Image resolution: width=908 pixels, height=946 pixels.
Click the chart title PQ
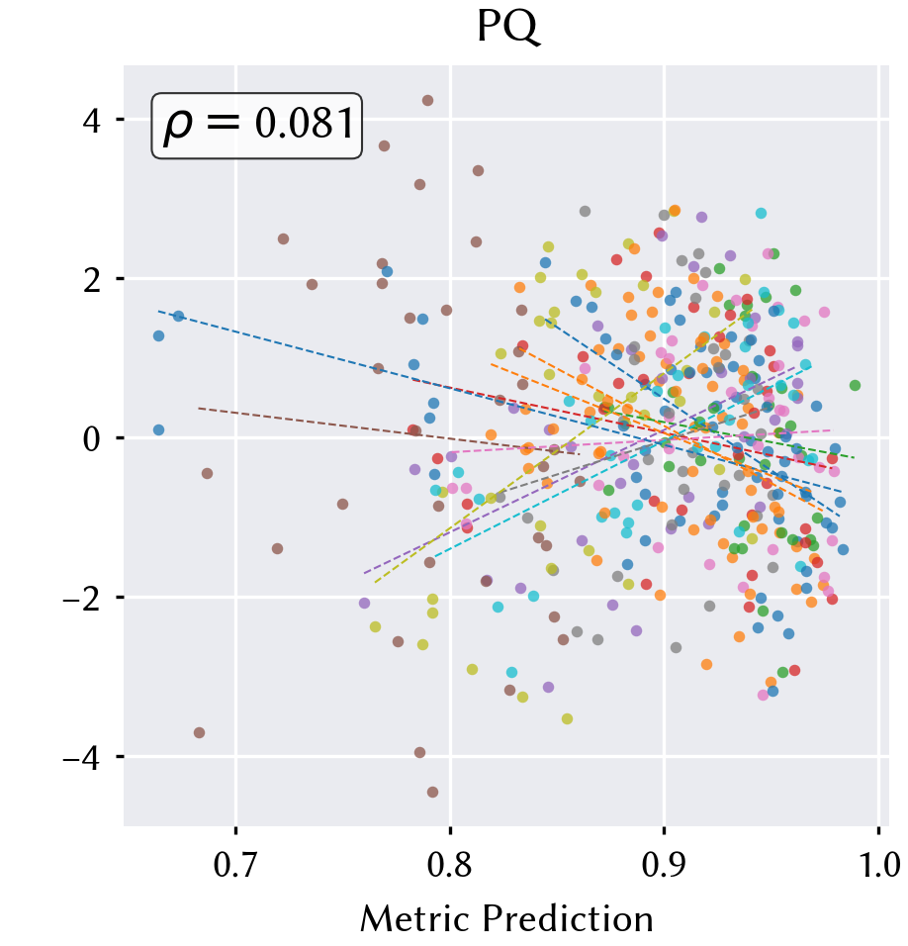507,27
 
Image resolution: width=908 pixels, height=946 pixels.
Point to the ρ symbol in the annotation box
178,127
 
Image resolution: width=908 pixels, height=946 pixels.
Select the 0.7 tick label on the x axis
235,865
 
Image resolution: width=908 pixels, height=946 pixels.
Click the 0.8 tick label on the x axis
449,865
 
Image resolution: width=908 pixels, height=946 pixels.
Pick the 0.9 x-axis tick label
664,865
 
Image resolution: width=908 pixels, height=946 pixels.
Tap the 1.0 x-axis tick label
878,865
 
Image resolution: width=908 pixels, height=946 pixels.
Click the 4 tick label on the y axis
92,121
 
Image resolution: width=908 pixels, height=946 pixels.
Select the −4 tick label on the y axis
82,757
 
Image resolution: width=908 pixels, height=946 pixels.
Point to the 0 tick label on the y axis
92,438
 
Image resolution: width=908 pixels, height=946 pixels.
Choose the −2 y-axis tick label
82,598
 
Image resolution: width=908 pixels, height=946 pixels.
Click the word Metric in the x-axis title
413,919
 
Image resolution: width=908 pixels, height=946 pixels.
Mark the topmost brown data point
427,100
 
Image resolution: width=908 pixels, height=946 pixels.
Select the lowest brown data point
432,792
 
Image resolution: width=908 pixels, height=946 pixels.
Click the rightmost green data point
855,385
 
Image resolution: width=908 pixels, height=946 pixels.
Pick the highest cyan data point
761,213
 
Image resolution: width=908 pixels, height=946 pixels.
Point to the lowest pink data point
763,695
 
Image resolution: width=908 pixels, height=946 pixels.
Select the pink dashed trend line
640,441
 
